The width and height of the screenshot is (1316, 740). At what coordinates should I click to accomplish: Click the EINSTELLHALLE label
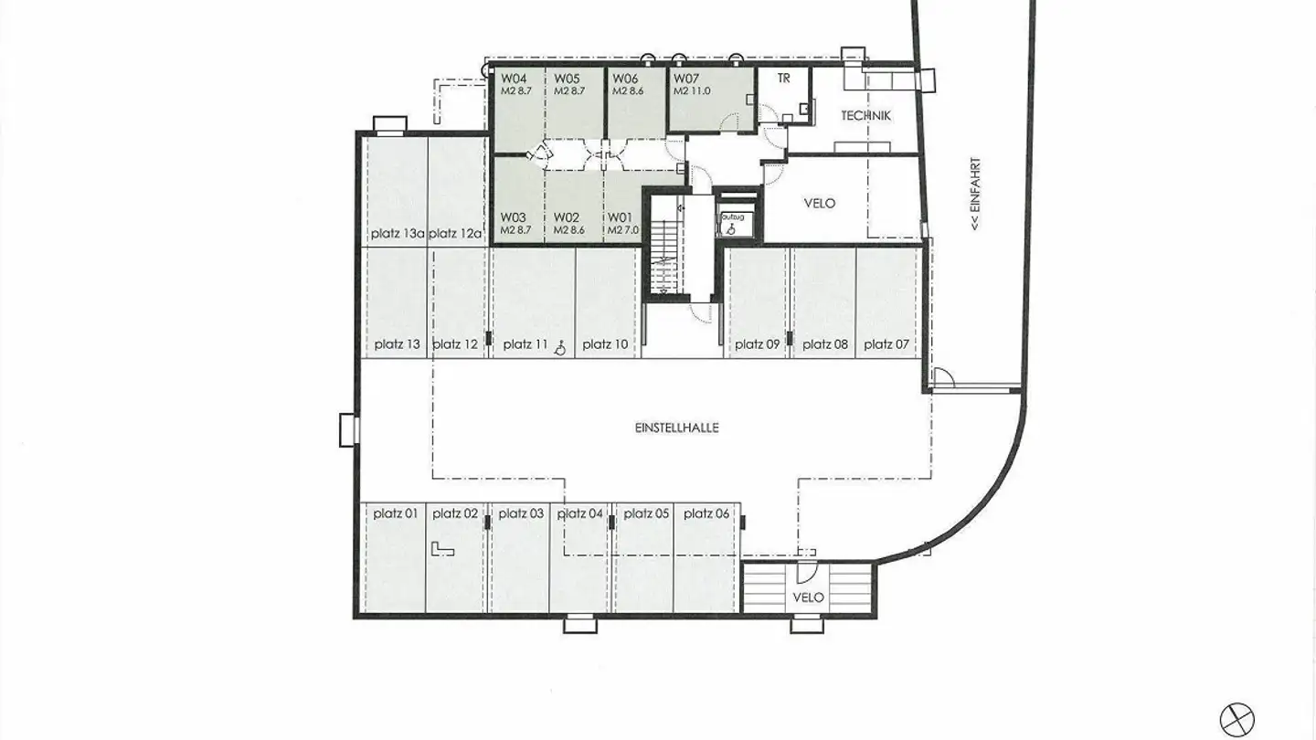676,427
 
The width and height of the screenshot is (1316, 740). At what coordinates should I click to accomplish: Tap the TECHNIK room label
865,116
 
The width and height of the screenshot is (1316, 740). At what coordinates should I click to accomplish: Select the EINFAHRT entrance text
976,192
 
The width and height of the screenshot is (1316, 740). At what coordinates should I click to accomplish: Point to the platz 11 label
525,344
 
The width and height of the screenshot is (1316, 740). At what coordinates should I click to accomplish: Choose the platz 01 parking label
396,513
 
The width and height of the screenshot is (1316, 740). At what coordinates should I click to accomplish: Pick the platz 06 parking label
706,513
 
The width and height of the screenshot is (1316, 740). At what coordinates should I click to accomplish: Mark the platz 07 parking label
886,344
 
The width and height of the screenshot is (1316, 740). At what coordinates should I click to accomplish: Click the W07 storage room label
686,79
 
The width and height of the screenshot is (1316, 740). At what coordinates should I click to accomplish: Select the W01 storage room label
621,217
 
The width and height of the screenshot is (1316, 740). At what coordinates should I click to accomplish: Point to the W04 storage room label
513,79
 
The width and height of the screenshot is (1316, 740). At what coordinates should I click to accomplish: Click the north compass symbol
1238,717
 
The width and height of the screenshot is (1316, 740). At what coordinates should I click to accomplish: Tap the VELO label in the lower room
809,597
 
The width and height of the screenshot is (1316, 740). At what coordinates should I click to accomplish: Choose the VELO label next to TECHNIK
819,203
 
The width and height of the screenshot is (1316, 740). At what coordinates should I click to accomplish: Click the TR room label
783,79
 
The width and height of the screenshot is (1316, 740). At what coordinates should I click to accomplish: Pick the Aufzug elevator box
734,222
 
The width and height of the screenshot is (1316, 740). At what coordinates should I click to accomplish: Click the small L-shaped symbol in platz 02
443,548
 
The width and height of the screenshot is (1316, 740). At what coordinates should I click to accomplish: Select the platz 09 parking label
757,344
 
